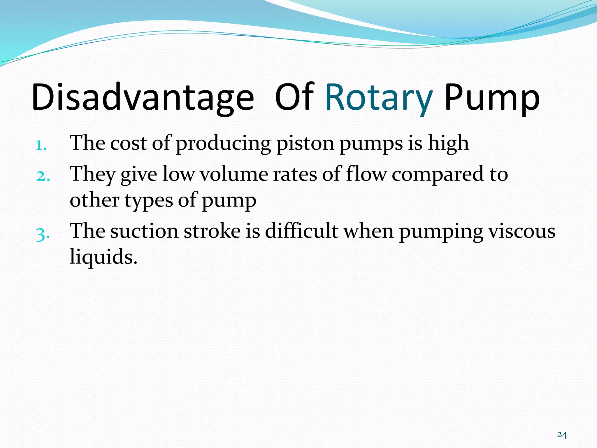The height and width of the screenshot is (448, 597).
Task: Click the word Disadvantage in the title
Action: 143,98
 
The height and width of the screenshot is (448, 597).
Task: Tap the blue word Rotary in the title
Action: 379,98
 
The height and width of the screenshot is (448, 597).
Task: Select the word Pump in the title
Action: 492,98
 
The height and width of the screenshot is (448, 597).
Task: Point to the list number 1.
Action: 41,145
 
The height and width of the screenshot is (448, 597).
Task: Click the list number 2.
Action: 43,176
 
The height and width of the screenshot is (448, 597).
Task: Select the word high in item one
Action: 448,143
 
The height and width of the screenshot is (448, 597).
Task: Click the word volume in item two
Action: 234,174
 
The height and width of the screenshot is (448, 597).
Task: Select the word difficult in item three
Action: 301,231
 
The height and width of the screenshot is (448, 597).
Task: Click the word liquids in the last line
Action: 103,257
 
